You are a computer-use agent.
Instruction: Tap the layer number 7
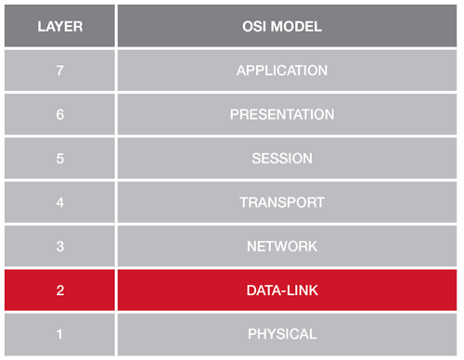tap(60, 71)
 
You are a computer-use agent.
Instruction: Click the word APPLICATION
tap(282, 71)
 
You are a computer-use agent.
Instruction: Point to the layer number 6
tap(60, 115)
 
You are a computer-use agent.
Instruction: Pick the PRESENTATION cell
tap(282, 115)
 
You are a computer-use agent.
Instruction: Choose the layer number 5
tap(60, 159)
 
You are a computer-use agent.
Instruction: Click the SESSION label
tap(282, 159)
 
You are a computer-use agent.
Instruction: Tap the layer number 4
tap(60, 202)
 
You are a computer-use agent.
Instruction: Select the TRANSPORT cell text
tap(282, 202)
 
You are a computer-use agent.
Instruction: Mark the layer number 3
tap(60, 247)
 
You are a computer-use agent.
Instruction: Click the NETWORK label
tap(282, 247)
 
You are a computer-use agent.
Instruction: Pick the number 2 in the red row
tap(60, 290)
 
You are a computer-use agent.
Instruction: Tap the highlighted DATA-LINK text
tap(282, 290)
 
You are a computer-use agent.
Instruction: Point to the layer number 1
tap(60, 334)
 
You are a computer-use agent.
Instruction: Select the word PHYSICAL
tap(282, 334)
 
